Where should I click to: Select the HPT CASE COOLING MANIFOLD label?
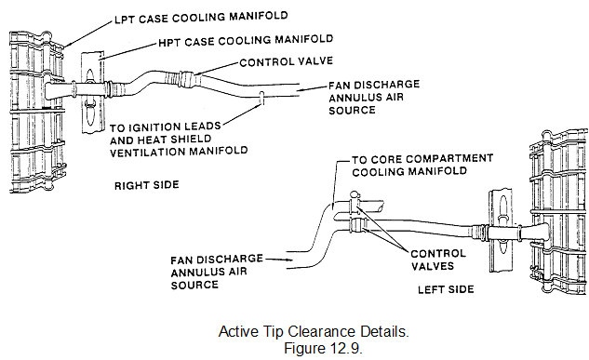click(246, 41)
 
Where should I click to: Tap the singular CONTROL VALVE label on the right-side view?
click(287, 61)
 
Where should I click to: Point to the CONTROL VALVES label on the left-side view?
click(438, 260)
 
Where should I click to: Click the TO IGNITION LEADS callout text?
click(166, 127)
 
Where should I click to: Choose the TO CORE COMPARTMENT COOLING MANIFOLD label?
click(422, 166)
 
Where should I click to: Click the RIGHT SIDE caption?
click(147, 185)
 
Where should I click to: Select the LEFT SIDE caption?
click(446, 289)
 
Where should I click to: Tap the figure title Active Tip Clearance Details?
click(314, 331)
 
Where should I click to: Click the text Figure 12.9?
click(323, 348)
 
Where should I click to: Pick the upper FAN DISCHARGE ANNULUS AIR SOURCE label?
click(374, 97)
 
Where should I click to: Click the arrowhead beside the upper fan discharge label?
click(300, 90)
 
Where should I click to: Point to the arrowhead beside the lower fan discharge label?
click(288, 260)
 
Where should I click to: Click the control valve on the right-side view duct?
click(188, 78)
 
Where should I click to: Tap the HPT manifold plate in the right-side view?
click(92, 92)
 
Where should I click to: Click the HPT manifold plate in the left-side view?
click(501, 231)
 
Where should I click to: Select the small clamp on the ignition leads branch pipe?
click(262, 98)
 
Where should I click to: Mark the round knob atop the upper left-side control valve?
click(355, 194)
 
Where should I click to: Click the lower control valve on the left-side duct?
click(359, 225)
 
